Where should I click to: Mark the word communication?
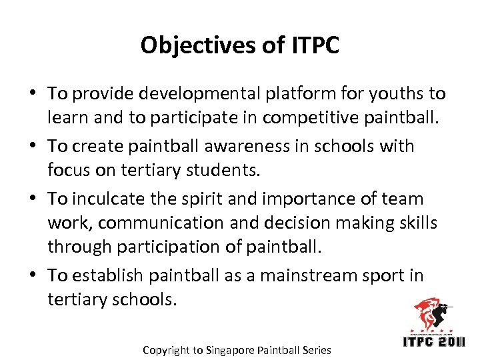coord(169,223)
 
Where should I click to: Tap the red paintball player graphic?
coord(431,313)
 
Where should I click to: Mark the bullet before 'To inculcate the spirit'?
coord(33,199)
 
